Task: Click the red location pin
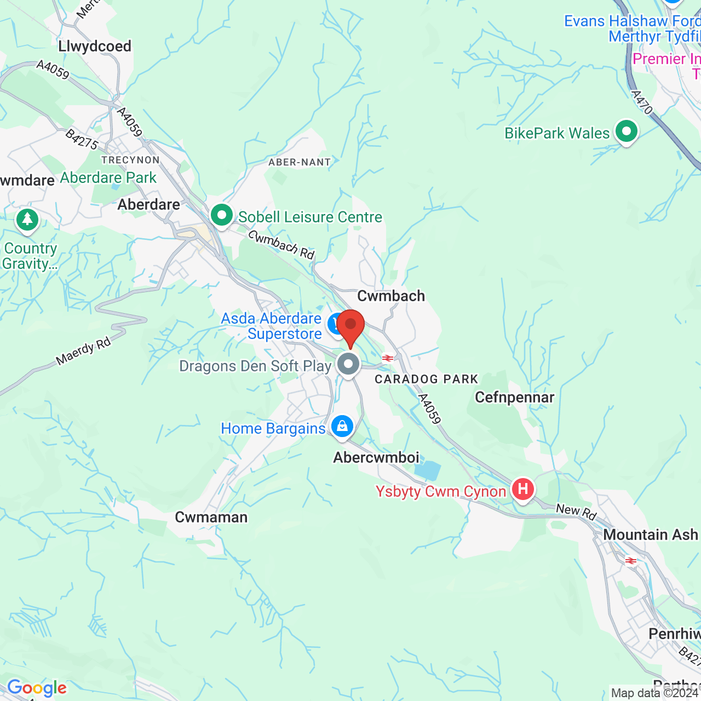click(x=350, y=326)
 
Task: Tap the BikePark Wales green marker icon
click(x=626, y=131)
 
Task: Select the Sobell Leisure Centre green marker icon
click(x=222, y=215)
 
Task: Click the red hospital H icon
click(x=522, y=489)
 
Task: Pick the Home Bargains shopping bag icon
click(x=342, y=426)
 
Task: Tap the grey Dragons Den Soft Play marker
click(x=348, y=364)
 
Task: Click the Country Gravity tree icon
click(x=27, y=220)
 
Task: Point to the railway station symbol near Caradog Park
click(x=388, y=358)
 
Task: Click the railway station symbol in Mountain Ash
click(x=631, y=560)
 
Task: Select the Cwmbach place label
click(x=391, y=296)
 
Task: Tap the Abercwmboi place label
click(x=376, y=457)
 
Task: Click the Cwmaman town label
click(x=211, y=517)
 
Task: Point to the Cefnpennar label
click(x=514, y=397)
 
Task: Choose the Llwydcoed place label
click(x=95, y=46)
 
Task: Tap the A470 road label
click(x=642, y=102)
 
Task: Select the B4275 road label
click(x=82, y=140)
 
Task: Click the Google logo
click(x=37, y=688)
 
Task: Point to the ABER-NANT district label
click(x=300, y=162)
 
